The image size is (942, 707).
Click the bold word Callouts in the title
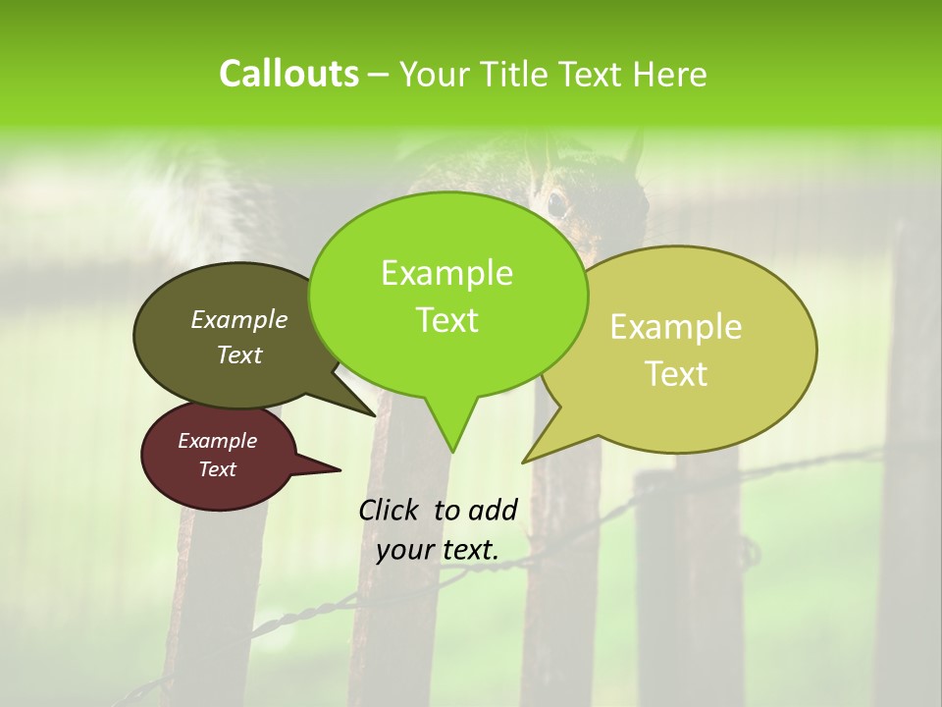pyautogui.click(x=288, y=74)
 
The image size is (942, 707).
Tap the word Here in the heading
pyautogui.click(x=671, y=74)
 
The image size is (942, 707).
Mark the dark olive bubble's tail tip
pyautogui.click(x=374, y=415)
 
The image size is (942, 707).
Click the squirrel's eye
pyautogui.click(x=556, y=204)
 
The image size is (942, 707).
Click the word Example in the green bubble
pyautogui.click(x=446, y=273)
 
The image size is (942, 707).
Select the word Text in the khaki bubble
pyautogui.click(x=676, y=373)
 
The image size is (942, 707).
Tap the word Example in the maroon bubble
pyautogui.click(x=217, y=441)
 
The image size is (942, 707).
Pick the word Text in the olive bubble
pyautogui.click(x=239, y=354)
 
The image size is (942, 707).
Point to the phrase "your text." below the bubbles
pyautogui.click(x=438, y=550)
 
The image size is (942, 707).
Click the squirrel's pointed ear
pyautogui.click(x=634, y=152)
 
